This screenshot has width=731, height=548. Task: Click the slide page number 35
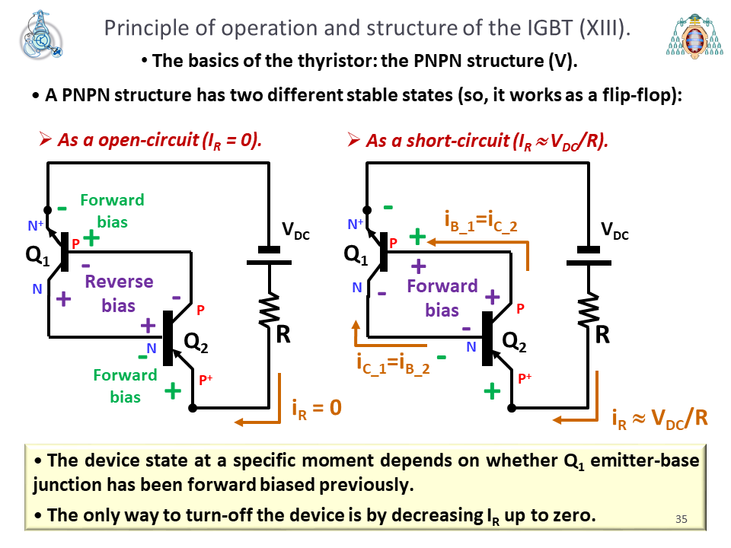tap(681, 518)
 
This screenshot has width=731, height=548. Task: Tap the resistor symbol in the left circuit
tap(270, 310)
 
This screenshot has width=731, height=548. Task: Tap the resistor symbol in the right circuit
tap(589, 310)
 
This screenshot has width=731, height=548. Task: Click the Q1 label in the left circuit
tap(37, 256)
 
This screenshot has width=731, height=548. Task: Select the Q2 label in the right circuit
tap(514, 342)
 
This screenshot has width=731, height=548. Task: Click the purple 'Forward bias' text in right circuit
tap(442, 298)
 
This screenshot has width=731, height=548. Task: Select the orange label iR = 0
tap(317, 409)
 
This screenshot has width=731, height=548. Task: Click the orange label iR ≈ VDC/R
tap(659, 419)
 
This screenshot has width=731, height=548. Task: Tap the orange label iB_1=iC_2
tap(480, 221)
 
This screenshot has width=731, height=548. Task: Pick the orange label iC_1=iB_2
tap(393, 364)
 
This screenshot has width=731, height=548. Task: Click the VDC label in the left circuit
tap(295, 231)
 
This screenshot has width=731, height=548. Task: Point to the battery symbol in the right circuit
tap(589, 256)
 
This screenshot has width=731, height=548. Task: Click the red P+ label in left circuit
tap(206, 380)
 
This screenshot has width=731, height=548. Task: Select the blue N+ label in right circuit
tap(356, 225)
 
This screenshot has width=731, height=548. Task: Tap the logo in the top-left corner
tap(41, 35)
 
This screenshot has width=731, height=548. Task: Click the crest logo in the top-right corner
tap(694, 36)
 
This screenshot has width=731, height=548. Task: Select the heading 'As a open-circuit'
tap(129, 140)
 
